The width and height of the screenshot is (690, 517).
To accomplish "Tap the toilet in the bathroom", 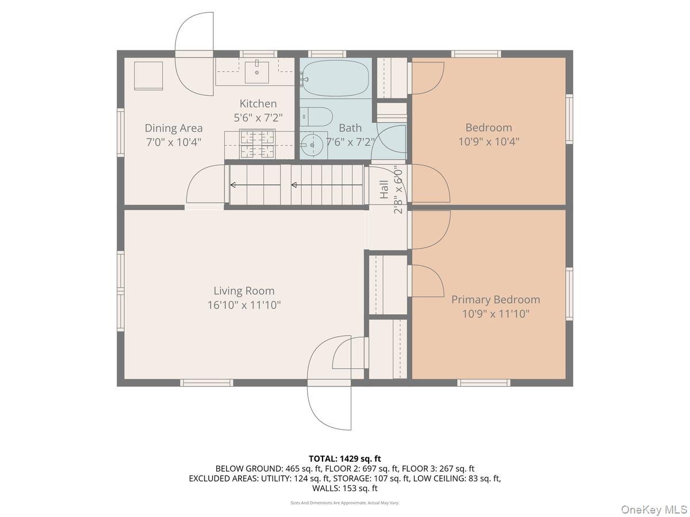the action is [x=316, y=117].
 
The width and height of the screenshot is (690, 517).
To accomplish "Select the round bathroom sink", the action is [x=312, y=145].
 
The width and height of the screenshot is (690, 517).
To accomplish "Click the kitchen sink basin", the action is [x=257, y=72].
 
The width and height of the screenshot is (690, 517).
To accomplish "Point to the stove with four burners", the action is [x=257, y=144].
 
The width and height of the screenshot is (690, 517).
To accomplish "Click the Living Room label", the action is [x=244, y=291].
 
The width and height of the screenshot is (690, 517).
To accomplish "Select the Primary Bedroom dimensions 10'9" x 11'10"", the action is [x=496, y=314].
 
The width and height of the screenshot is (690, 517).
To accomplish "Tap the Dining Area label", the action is [x=174, y=128].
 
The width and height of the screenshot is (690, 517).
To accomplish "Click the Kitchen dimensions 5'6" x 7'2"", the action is [x=258, y=118].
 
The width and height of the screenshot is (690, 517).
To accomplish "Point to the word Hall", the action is [x=384, y=190].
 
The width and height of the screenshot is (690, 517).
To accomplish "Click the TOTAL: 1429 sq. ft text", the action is [x=345, y=458].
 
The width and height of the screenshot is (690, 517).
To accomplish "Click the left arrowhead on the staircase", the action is [x=233, y=185].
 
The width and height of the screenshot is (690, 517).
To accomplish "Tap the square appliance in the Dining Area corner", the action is [x=148, y=76].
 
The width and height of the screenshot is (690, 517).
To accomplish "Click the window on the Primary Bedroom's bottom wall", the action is [x=484, y=383].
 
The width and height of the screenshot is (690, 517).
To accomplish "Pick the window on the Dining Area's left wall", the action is [x=121, y=133].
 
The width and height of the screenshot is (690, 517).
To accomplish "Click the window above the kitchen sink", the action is [x=259, y=54].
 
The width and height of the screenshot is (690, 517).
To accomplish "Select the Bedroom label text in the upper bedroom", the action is [x=489, y=128].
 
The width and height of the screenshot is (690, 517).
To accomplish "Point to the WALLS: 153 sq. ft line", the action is [x=345, y=488].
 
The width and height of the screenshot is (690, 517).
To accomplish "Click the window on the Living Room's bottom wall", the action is [x=206, y=383].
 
